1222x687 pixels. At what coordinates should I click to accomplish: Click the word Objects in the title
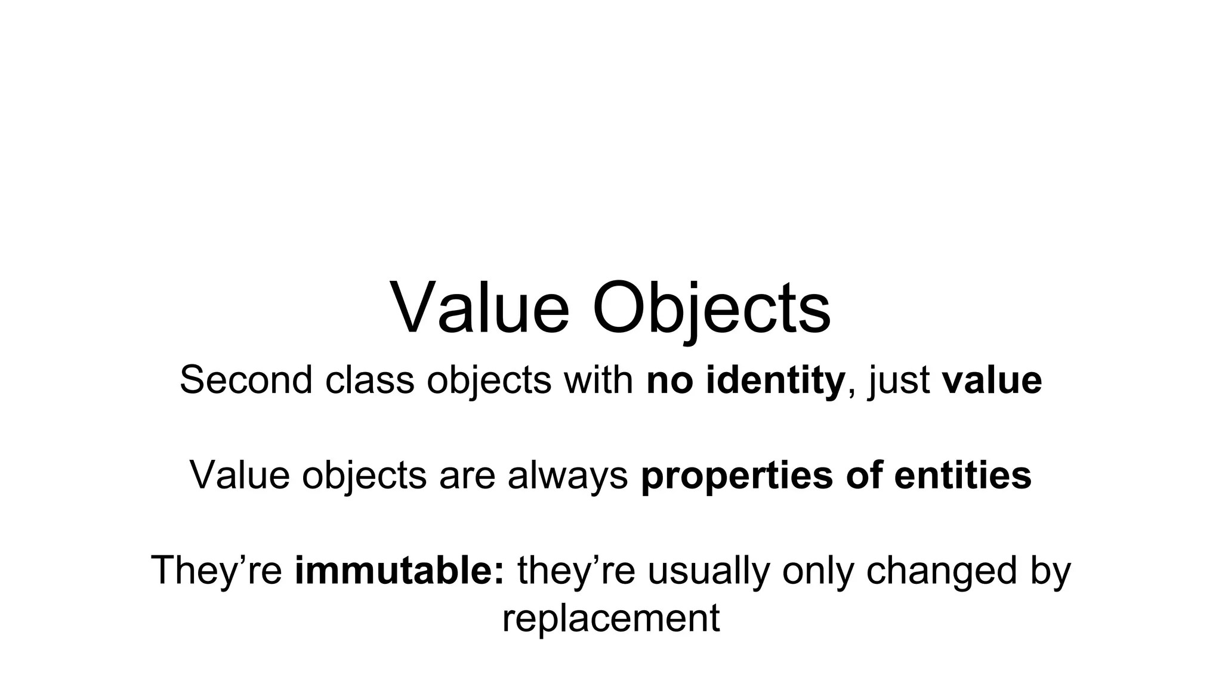click(x=711, y=309)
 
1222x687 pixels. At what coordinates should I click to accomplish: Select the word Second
click(x=246, y=380)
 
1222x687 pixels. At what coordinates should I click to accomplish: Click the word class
click(x=369, y=380)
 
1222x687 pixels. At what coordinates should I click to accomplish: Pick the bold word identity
click(x=775, y=380)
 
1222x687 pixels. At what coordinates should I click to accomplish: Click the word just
click(x=900, y=380)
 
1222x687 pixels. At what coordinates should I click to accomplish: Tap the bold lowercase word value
click(x=992, y=380)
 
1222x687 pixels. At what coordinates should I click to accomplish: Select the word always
click(x=567, y=475)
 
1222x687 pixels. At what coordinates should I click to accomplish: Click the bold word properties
click(x=737, y=475)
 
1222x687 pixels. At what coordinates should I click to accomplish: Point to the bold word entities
click(x=962, y=475)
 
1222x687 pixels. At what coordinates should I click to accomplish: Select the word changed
click(x=941, y=570)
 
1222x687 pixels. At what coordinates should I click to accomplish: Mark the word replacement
click(x=611, y=618)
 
